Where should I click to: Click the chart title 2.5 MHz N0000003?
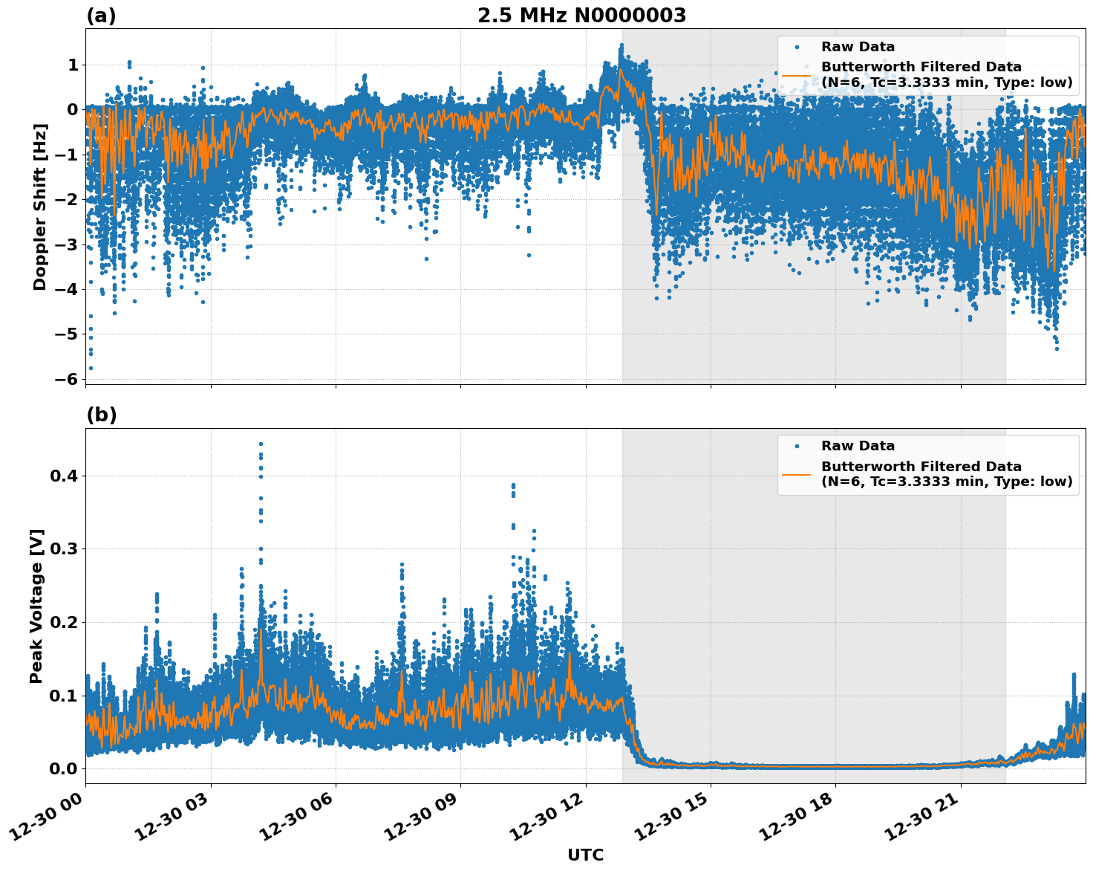581,16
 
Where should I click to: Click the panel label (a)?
101,16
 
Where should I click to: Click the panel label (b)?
101,415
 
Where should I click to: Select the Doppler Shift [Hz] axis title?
40,207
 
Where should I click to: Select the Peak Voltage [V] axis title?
37,606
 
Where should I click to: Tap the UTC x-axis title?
585,855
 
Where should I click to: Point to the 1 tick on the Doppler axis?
73,65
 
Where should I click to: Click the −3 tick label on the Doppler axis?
67,245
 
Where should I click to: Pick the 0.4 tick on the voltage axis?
64,476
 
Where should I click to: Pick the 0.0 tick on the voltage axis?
64,768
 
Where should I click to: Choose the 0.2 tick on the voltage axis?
64,622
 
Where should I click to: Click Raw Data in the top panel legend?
858,47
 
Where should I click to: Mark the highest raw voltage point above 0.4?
261,444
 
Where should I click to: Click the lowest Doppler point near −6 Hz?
91,368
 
